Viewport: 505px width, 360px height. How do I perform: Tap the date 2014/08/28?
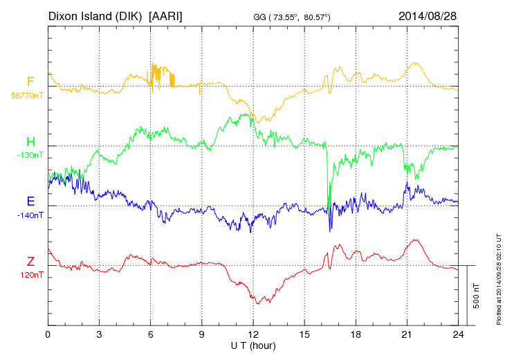[428, 15]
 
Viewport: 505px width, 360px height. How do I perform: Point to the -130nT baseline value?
[30, 155]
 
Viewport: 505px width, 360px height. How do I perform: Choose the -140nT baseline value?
[30, 215]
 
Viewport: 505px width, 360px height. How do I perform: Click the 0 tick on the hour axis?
[48, 334]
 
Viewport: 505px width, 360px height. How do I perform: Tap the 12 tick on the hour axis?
[253, 334]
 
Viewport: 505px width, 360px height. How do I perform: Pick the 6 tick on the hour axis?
[151, 334]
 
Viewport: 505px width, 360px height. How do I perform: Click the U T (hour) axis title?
[253, 345]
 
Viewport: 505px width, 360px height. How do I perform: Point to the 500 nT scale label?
[477, 296]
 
